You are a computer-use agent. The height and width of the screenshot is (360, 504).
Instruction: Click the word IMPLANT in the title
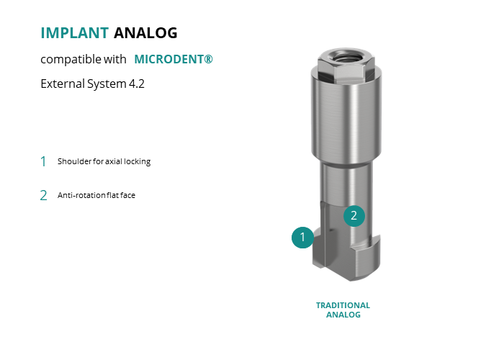(75, 33)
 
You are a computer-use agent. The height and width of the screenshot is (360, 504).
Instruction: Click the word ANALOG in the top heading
(145, 33)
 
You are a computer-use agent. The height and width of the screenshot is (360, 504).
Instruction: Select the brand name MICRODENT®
(174, 59)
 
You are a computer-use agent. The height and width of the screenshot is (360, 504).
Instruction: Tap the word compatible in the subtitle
(66, 60)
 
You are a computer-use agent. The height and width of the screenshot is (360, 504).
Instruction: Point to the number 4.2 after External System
(137, 84)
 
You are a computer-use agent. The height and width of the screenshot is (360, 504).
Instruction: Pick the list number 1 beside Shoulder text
(43, 161)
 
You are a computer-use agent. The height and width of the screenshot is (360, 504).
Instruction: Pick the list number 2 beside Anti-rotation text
(43, 195)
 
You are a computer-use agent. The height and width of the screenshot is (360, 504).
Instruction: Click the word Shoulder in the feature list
(74, 161)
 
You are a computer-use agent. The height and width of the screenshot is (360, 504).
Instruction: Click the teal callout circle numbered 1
(302, 237)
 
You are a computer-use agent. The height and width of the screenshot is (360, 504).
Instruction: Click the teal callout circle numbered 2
(354, 216)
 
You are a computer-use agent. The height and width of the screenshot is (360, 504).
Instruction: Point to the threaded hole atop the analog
(346, 58)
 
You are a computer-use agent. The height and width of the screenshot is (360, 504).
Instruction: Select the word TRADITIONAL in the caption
(343, 305)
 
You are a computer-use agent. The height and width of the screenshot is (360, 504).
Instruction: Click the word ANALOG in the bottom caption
(343, 315)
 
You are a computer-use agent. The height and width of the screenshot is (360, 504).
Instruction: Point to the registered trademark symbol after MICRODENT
(208, 59)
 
